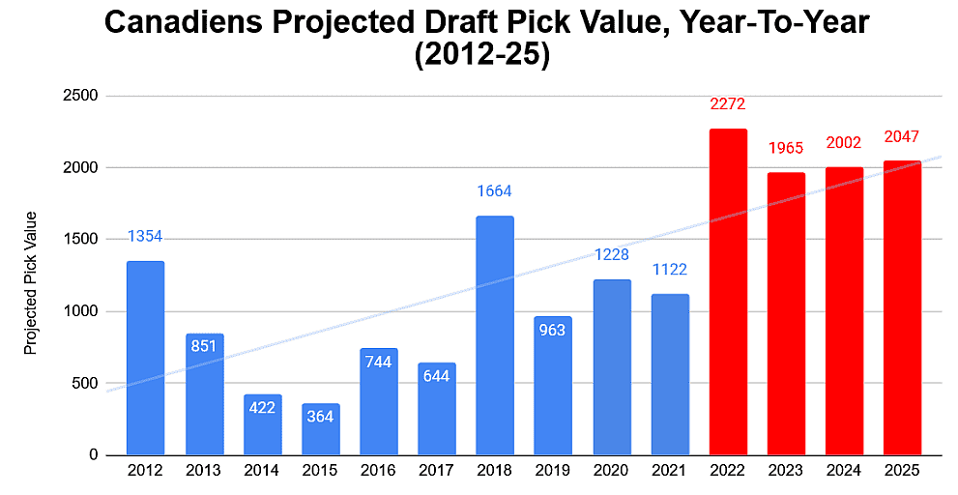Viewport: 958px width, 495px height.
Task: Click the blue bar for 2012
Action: point(145,358)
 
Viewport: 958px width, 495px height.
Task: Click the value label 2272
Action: point(727,104)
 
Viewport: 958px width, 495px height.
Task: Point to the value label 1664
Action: point(494,191)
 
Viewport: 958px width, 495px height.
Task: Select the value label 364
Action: point(320,417)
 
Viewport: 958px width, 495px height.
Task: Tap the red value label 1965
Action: point(785,149)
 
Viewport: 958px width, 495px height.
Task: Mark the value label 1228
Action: point(611,254)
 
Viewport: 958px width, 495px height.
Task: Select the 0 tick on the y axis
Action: point(93,454)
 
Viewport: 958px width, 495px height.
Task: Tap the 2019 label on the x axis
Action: point(553,471)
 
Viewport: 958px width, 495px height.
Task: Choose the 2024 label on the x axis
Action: point(844,471)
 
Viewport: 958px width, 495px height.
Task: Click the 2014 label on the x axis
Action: point(262,471)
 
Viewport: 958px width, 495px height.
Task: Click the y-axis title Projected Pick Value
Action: point(31,282)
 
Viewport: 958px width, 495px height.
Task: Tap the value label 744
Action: point(378,362)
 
